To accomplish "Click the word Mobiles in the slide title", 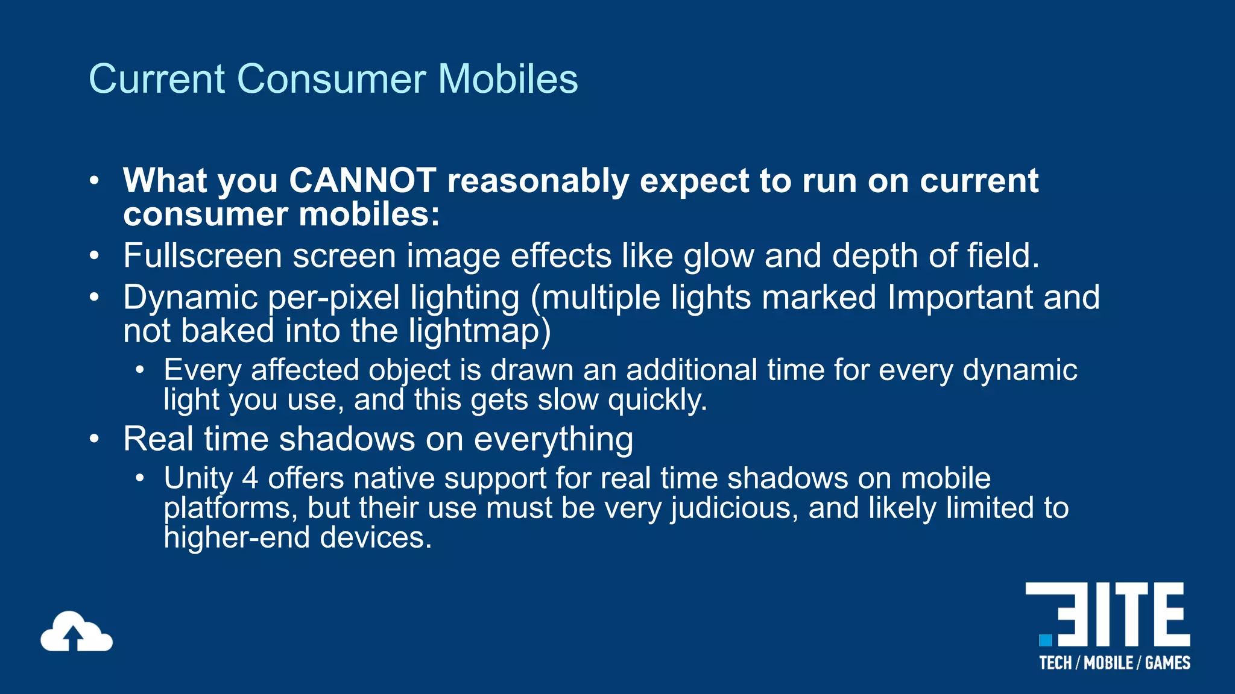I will click(x=507, y=79).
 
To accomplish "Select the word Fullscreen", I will click(x=202, y=255).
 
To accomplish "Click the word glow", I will click(x=718, y=255).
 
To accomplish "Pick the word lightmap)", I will click(x=479, y=331).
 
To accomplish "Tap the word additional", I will click(x=691, y=369).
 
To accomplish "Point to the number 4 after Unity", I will click(x=250, y=478).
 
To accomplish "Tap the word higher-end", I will click(x=236, y=537).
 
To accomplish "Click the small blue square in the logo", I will click(x=1045, y=640).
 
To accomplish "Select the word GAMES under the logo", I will click(x=1167, y=663).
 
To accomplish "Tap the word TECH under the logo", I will click(x=1055, y=663).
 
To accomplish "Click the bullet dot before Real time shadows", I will click(x=94, y=439).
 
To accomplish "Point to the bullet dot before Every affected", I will click(x=140, y=370).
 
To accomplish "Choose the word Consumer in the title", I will click(x=332, y=79).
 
